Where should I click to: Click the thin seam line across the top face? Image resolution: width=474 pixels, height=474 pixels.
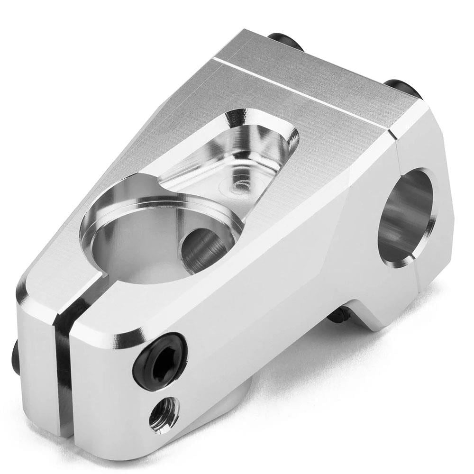[303, 90]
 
